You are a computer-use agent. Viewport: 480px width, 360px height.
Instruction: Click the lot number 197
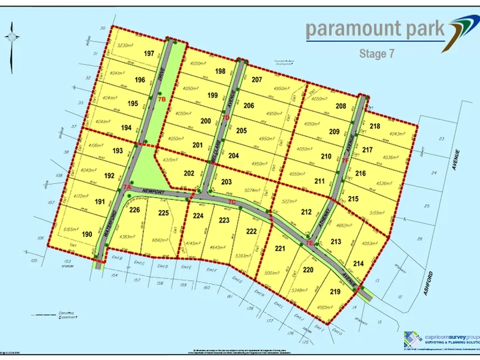click(149, 53)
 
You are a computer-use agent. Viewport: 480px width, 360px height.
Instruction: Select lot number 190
click(87, 234)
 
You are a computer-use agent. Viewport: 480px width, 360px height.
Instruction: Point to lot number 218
click(375, 126)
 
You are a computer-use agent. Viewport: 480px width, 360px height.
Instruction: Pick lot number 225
click(163, 213)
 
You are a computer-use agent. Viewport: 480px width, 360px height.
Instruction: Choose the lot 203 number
click(226, 182)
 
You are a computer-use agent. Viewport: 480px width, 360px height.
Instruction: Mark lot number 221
click(281, 249)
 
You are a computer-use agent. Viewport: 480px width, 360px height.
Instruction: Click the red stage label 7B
click(161, 99)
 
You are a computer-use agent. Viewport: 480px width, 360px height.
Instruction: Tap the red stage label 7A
click(127, 188)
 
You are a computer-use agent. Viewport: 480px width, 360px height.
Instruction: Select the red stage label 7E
click(309, 244)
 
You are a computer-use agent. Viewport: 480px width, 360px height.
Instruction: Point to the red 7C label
click(231, 201)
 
